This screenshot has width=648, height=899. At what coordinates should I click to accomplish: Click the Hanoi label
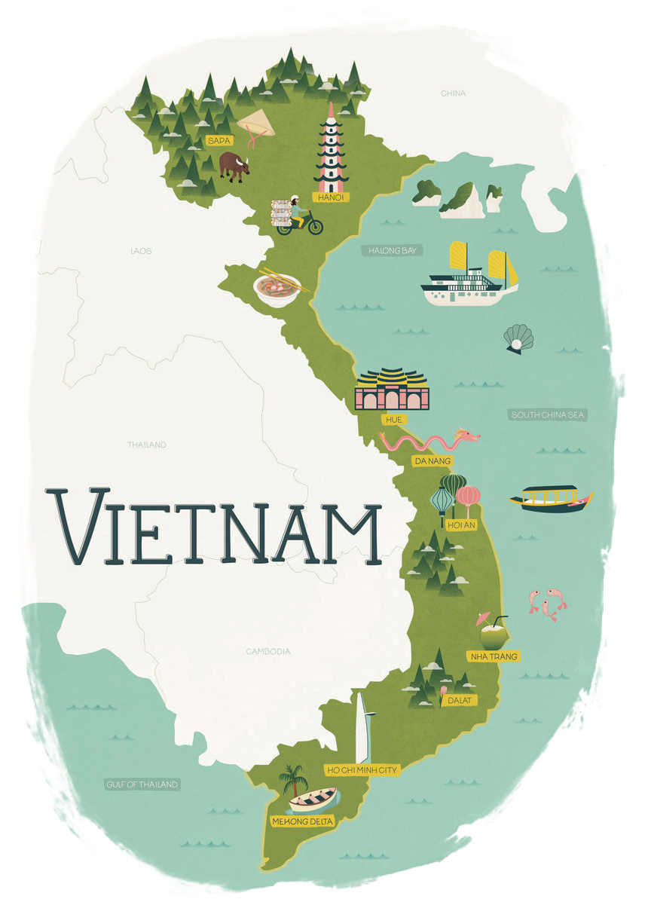[x=331, y=197]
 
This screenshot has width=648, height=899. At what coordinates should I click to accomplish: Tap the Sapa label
[x=219, y=140]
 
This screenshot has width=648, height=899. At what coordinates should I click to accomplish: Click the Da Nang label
[x=433, y=460]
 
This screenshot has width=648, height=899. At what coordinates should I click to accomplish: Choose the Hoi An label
[x=461, y=525]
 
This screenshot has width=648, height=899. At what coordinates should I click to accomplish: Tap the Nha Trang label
[x=494, y=656]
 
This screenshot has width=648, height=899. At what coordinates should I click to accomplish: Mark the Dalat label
[x=458, y=701]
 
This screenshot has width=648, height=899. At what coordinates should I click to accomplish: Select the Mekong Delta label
[x=302, y=821]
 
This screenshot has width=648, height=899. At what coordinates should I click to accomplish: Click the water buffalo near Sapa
[x=234, y=167]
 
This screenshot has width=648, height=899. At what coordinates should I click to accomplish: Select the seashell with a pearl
[x=518, y=338]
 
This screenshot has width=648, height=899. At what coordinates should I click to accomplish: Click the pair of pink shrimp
[x=547, y=604]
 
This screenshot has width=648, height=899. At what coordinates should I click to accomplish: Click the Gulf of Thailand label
[x=142, y=784]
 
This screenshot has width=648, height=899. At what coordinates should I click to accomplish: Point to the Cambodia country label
[x=267, y=651]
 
